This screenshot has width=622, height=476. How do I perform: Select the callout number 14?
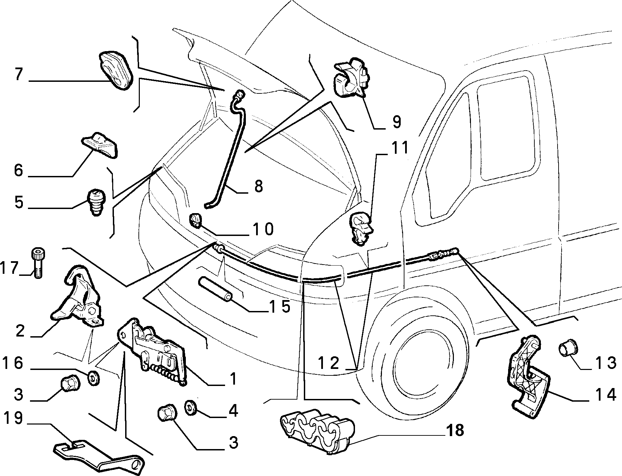(606, 395)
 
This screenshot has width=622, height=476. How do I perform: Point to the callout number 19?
(13, 418)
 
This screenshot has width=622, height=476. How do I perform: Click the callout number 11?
(399, 148)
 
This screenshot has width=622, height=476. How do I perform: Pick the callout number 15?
(279, 306)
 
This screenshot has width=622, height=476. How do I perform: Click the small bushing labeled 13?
(567, 352)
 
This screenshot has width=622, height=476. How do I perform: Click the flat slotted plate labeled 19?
(99, 455)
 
